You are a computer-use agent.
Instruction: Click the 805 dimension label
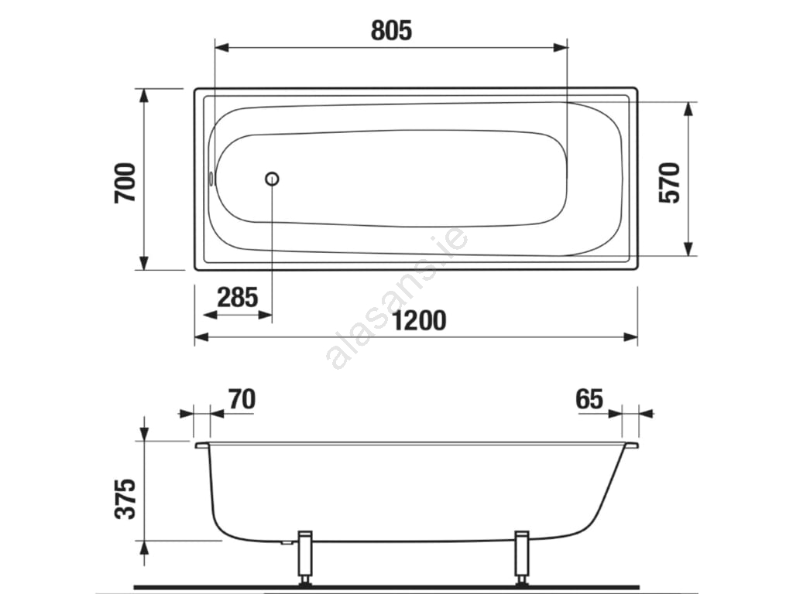tap(391, 30)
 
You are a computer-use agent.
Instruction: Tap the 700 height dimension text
tap(125, 183)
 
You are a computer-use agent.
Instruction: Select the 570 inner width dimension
tap(670, 183)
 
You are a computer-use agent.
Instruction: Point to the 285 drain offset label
tap(237, 297)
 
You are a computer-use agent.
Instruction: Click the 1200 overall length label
tap(419, 321)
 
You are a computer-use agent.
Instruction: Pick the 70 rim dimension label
tap(242, 399)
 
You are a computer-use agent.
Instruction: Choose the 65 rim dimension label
tap(589, 399)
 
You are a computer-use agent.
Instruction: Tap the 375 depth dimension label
tap(125, 499)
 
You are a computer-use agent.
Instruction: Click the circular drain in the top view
tap(272, 179)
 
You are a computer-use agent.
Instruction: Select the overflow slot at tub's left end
tap(211, 179)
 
